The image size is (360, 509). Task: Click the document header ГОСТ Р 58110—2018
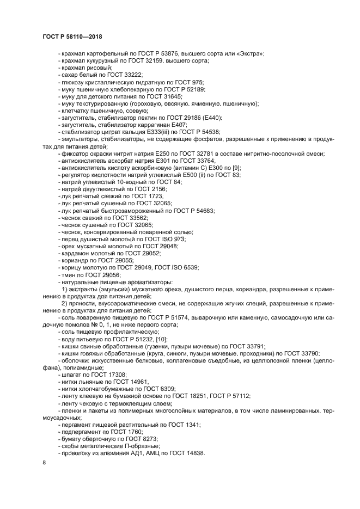[72, 36]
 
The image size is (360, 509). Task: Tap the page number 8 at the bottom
[44, 462]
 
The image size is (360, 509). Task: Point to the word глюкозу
[74, 82]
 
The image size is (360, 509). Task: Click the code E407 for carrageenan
[169, 124]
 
